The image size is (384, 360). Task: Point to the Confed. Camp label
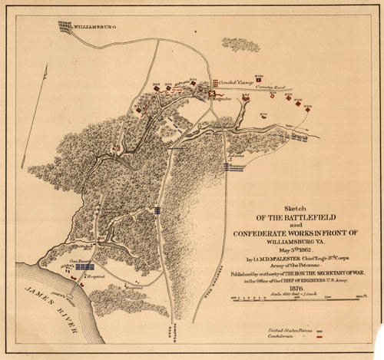click(x=233, y=82)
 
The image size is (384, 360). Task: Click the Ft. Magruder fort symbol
click(x=213, y=93)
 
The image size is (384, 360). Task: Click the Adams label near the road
click(x=235, y=154)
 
